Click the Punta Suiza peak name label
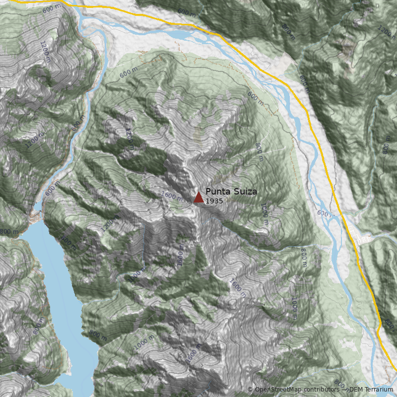coord(231,192)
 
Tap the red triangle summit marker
coord(198,198)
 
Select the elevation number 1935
coord(214,201)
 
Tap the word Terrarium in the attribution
coord(379,390)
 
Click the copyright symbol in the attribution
coord(250,390)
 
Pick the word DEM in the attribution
coord(356,390)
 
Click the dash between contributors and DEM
coord(344,390)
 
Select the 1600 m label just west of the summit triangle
coord(173,196)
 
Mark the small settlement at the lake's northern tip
coord(36,216)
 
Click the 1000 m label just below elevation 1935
coord(264,214)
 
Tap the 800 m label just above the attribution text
coord(339,384)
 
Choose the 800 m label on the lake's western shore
coord(39,325)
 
